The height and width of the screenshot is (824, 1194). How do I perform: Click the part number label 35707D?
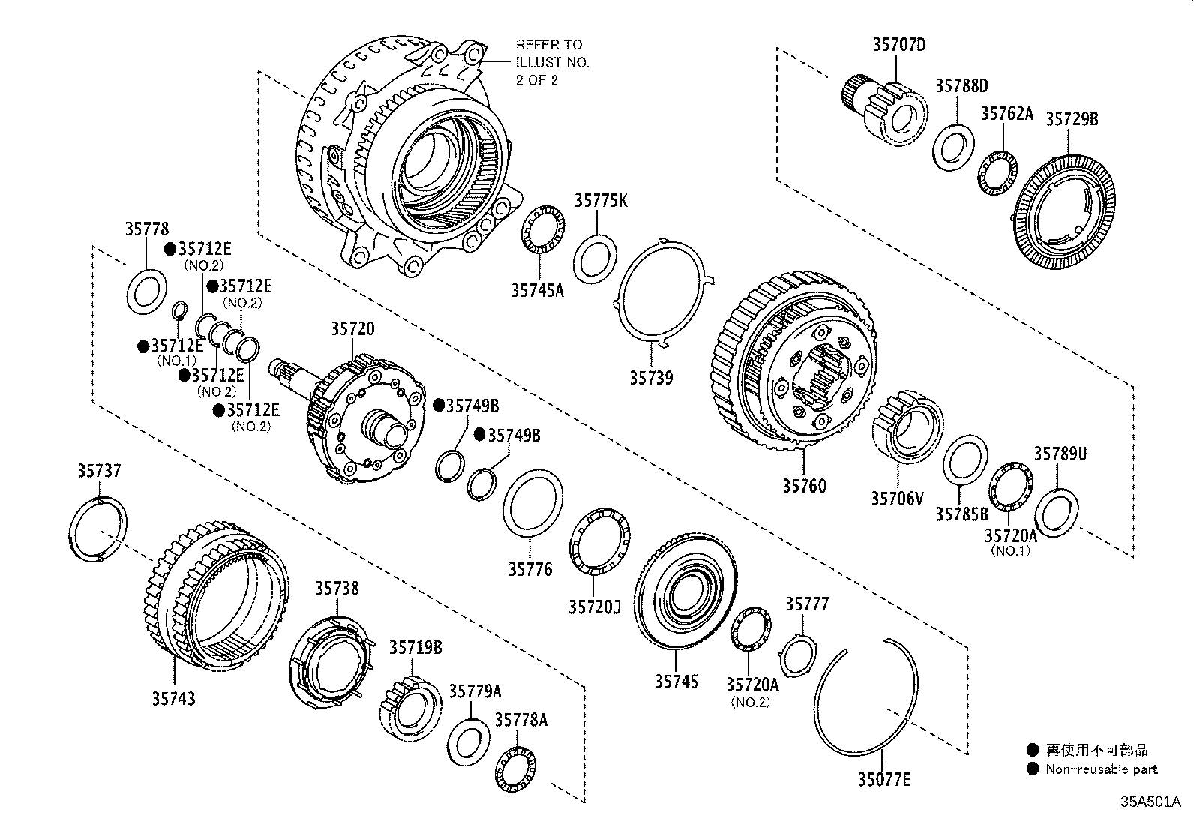click(x=898, y=45)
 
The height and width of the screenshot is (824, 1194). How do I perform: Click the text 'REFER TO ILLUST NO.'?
click(x=552, y=54)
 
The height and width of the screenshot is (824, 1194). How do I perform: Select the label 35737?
click(x=99, y=471)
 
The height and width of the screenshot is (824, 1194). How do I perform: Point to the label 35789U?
click(x=1060, y=454)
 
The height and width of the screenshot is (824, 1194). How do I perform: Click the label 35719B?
click(x=415, y=647)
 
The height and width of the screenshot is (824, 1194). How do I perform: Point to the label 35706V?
click(x=897, y=497)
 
